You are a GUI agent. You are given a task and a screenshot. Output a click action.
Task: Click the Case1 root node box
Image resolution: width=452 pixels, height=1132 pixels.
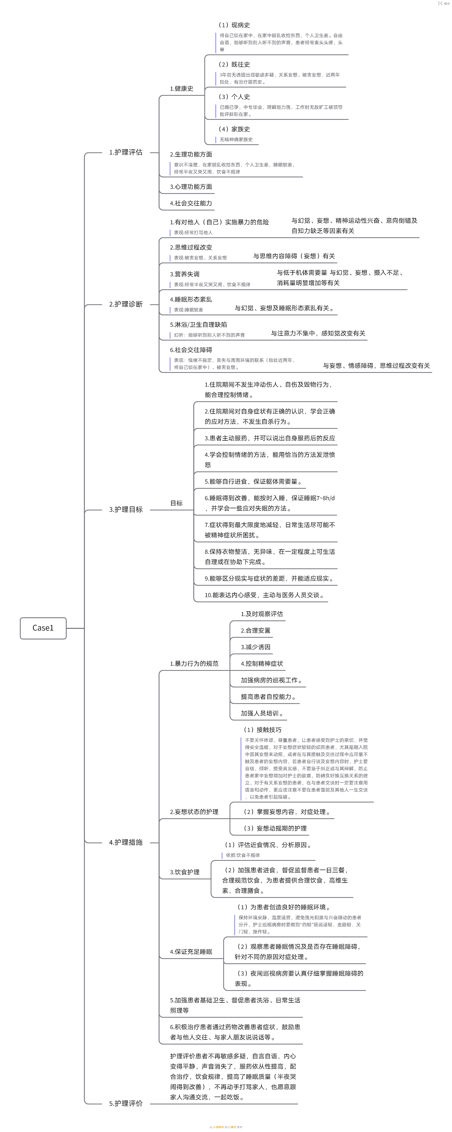coord(43,628)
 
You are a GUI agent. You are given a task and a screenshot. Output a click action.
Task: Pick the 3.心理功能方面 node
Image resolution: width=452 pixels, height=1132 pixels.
coord(191,187)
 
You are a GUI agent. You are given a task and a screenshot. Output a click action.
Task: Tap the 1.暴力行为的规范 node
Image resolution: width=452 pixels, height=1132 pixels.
coord(194,664)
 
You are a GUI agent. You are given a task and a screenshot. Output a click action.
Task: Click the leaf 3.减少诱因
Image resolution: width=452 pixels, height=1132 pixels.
coord(256,647)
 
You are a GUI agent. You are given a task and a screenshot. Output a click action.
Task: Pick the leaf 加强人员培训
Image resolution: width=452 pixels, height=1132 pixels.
coord(262,713)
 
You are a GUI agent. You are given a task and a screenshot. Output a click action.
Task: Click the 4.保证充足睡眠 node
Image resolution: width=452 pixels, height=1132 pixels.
coord(191,952)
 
